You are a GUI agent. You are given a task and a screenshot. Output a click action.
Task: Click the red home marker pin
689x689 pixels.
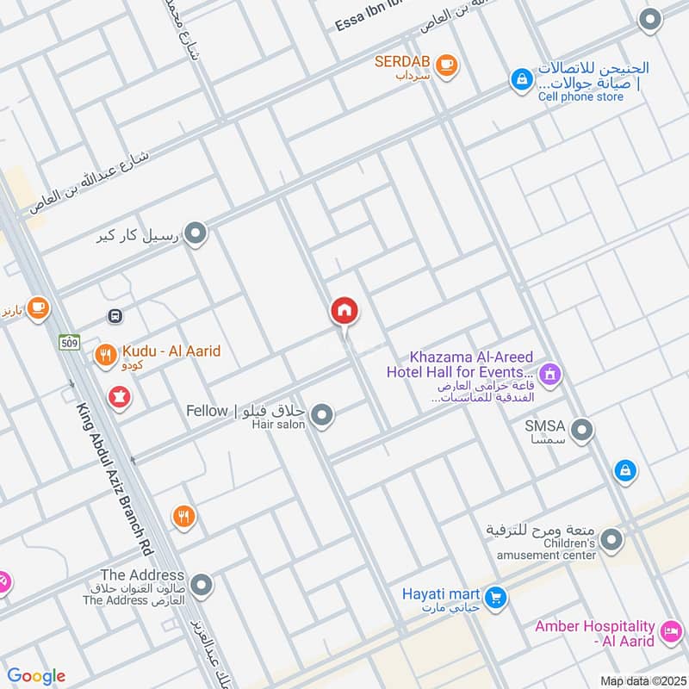[x=344, y=312]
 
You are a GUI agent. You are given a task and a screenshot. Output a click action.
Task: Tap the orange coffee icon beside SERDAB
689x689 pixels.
[x=445, y=65]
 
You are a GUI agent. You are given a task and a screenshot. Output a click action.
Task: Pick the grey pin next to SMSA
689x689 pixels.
[x=582, y=428]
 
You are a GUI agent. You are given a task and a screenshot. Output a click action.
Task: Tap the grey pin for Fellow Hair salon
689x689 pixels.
[x=322, y=417]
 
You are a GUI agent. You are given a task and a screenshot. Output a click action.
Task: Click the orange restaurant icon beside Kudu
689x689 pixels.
[x=106, y=354]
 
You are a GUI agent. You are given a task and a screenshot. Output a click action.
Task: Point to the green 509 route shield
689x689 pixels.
[x=70, y=343]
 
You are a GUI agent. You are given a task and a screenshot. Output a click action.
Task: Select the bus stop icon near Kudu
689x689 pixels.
[x=115, y=316]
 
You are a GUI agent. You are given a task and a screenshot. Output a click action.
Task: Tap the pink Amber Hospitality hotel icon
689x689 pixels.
[x=668, y=636]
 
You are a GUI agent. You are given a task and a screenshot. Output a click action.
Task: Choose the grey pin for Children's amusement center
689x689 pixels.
[x=611, y=541]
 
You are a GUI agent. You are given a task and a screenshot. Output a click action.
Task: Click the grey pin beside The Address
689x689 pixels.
[x=202, y=587]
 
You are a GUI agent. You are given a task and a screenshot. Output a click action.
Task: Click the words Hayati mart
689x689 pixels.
[x=442, y=594]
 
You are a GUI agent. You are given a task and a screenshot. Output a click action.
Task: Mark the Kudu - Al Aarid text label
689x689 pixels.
[x=171, y=351]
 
